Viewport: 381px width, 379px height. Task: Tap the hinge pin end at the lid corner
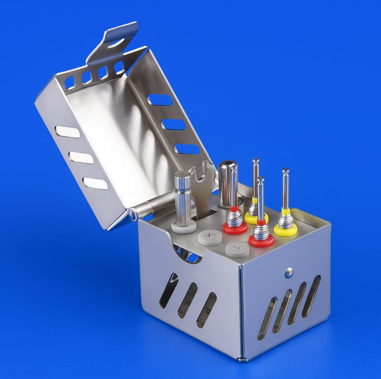(132, 214)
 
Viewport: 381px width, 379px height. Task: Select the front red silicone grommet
(262, 240)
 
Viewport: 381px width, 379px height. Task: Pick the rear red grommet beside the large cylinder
(235, 228)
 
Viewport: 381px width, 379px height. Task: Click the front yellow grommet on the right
(286, 229)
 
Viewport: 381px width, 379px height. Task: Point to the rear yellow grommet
(256, 217)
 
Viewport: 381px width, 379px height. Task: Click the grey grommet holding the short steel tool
(183, 226)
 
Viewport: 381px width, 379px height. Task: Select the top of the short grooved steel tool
(182, 176)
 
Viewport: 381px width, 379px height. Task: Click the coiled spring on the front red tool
(261, 230)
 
